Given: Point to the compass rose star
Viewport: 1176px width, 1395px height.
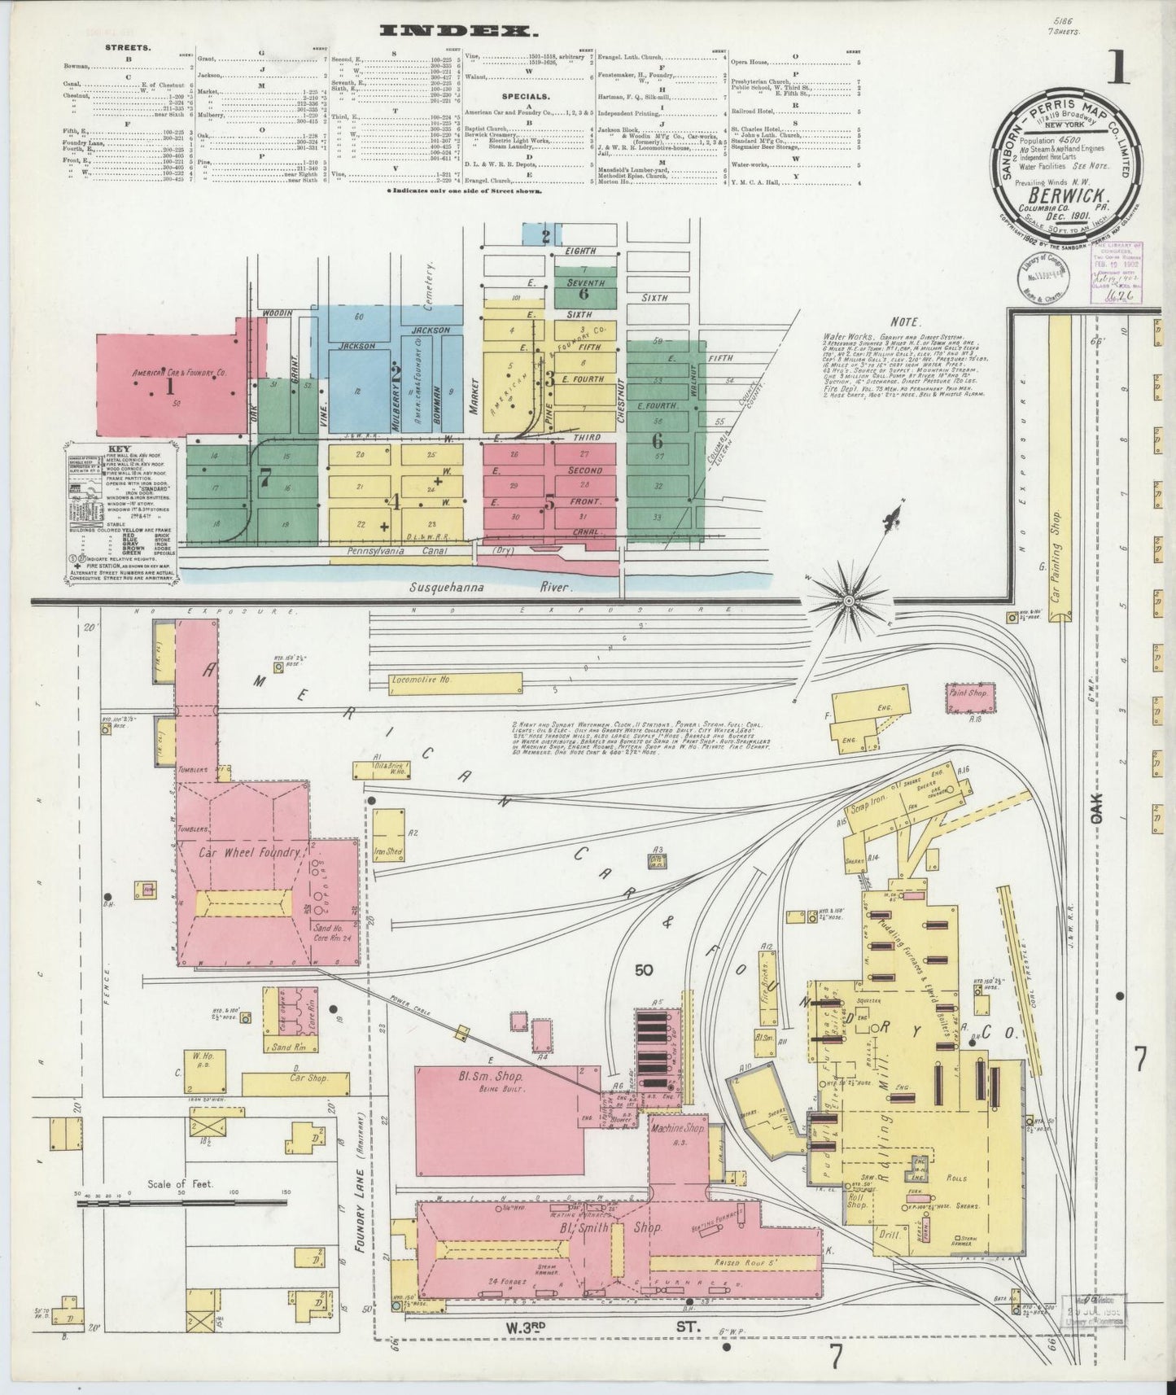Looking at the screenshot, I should point(849,601).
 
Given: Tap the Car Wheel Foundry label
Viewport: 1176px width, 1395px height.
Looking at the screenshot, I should point(251,854).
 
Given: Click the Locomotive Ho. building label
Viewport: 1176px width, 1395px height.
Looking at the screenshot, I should point(420,679).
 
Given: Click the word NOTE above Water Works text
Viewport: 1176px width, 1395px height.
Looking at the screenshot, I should point(903,321).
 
